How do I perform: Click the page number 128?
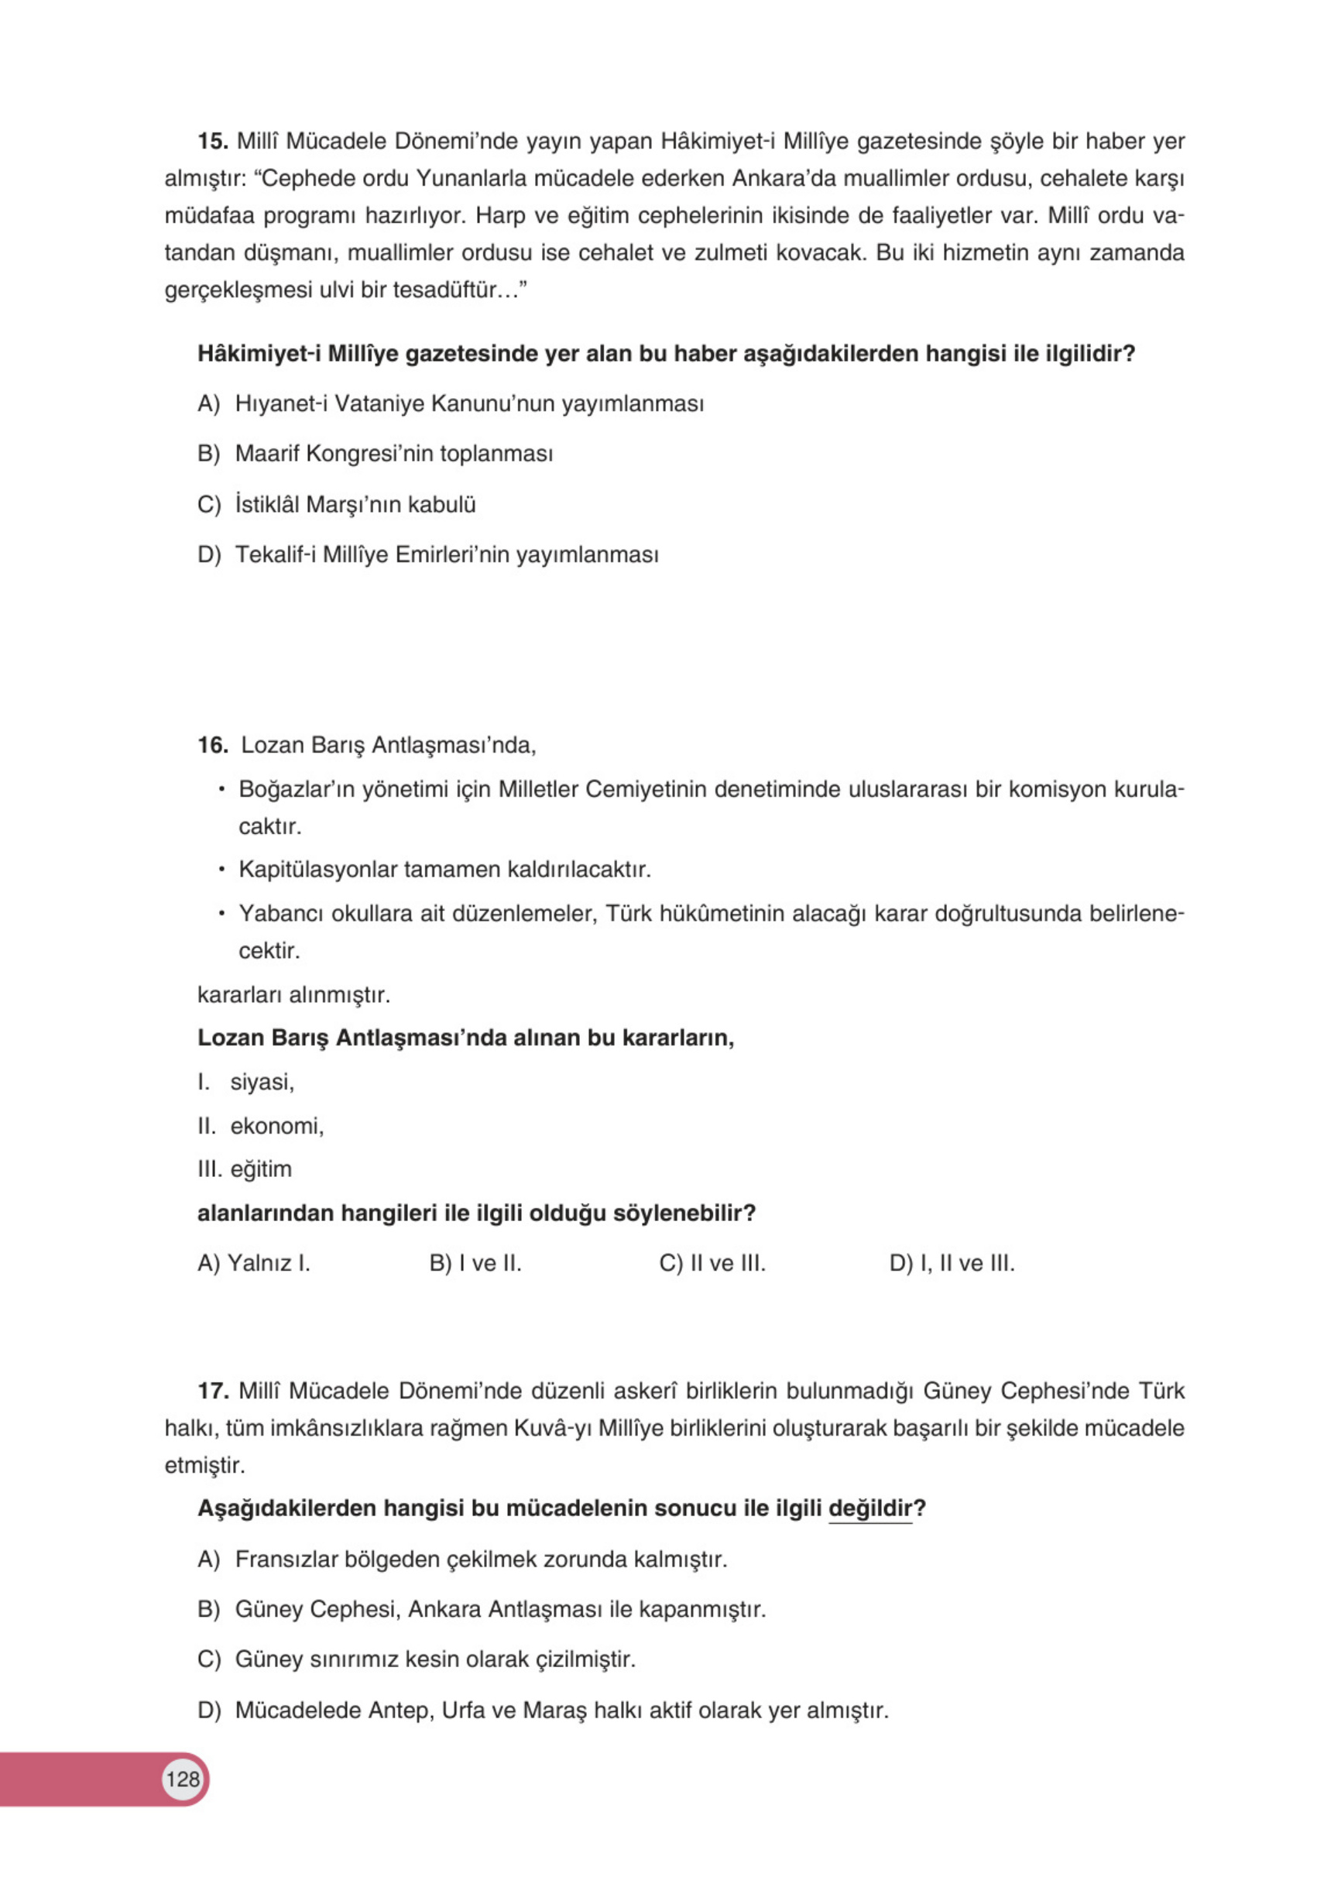point(182,1778)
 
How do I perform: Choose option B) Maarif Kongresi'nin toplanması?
point(376,454)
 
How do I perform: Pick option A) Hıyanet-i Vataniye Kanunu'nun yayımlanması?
point(451,404)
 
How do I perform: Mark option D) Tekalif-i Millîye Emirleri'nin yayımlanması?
point(427,555)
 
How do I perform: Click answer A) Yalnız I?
point(253,1264)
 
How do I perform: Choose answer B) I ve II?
point(475,1264)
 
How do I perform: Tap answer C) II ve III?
point(712,1264)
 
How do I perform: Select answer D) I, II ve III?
point(952,1264)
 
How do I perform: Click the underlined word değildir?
point(869,1508)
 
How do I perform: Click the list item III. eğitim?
point(244,1169)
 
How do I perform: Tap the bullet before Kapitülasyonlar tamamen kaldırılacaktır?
point(221,869)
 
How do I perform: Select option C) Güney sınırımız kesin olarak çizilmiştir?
point(417,1659)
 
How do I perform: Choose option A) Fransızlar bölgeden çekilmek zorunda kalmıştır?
point(462,1559)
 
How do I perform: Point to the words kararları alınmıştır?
point(293,995)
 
